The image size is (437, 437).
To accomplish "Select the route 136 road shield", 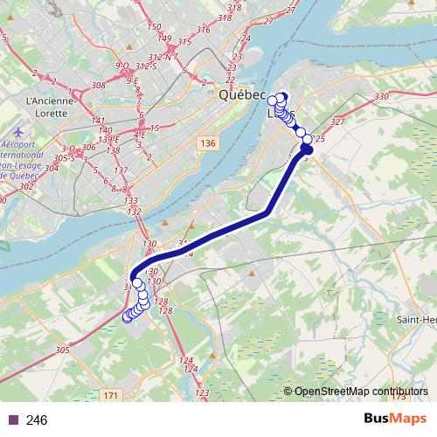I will [x=206, y=142].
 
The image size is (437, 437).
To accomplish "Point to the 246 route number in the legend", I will [x=38, y=420].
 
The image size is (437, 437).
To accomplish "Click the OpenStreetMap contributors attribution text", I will [x=361, y=392].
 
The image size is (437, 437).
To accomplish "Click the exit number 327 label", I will [x=339, y=121].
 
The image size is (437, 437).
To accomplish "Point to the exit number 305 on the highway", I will [x=61, y=350].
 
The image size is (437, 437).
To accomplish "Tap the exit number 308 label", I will [x=98, y=85].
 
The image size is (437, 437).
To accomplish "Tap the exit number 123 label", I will [x=202, y=395].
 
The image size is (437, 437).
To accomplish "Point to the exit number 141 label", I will [x=99, y=121].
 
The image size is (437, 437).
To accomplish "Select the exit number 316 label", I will [x=204, y=30].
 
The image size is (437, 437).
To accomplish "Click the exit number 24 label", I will [x=246, y=38].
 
